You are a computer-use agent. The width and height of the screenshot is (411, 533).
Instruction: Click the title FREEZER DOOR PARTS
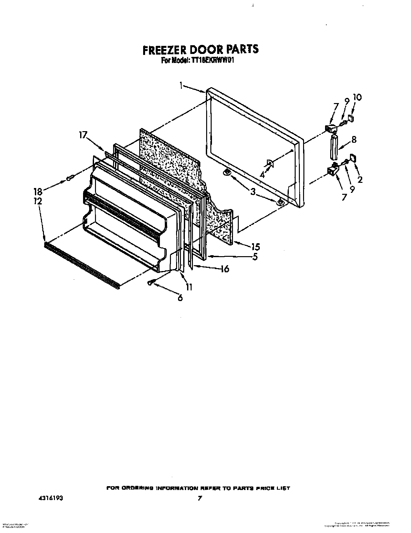pyautogui.click(x=201, y=49)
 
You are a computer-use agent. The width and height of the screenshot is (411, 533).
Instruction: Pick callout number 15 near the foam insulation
pyautogui.click(x=255, y=247)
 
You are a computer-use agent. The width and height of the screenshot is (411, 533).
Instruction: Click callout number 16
pyautogui.click(x=225, y=269)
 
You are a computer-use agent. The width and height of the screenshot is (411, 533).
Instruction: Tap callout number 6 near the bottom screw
pyautogui.click(x=180, y=298)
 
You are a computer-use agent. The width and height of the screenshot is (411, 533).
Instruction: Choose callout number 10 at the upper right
pyautogui.click(x=357, y=97)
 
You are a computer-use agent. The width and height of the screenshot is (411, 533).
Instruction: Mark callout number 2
pyautogui.click(x=360, y=179)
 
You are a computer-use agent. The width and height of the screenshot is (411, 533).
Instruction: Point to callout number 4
pyautogui.click(x=262, y=175)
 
